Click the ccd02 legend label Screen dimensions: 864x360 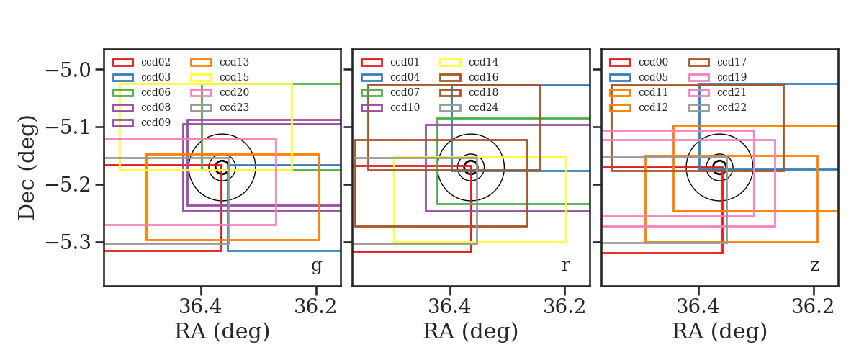coord(156,62)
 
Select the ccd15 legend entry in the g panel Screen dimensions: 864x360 coord(234,77)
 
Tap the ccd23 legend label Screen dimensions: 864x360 coord(234,107)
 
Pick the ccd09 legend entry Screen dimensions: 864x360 coord(156,122)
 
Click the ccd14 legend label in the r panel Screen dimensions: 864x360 coord(483,62)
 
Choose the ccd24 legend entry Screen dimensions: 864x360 coord(483,107)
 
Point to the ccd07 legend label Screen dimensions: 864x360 coord(405,92)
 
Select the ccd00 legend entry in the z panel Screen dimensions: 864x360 coord(654,62)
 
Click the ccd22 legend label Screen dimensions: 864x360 coord(732,107)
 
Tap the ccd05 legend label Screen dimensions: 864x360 coord(654,77)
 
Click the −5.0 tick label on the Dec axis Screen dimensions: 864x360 coord(68,71)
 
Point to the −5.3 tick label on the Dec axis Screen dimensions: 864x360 coord(68,243)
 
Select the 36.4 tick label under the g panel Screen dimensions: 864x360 coord(201,307)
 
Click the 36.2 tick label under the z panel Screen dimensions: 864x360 coord(813,307)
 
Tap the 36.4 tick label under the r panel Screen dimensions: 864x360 coord(449,307)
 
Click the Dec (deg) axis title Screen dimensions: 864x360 coord(27,168)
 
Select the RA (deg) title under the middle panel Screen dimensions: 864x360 coord(471,331)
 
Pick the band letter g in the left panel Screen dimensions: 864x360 coord(316,266)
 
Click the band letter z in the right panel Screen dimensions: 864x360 coord(814,266)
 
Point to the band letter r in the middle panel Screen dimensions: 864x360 coord(565,266)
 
